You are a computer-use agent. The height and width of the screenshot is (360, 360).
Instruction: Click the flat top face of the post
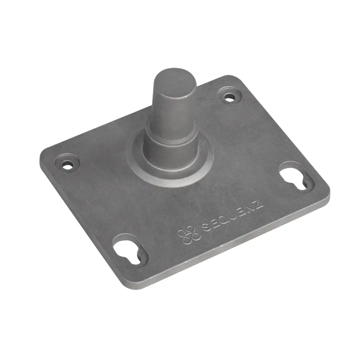pos(175,78)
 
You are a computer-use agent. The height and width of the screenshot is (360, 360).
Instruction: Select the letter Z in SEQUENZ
pos(259,204)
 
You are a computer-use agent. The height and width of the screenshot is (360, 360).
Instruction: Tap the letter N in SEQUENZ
pos(251,208)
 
